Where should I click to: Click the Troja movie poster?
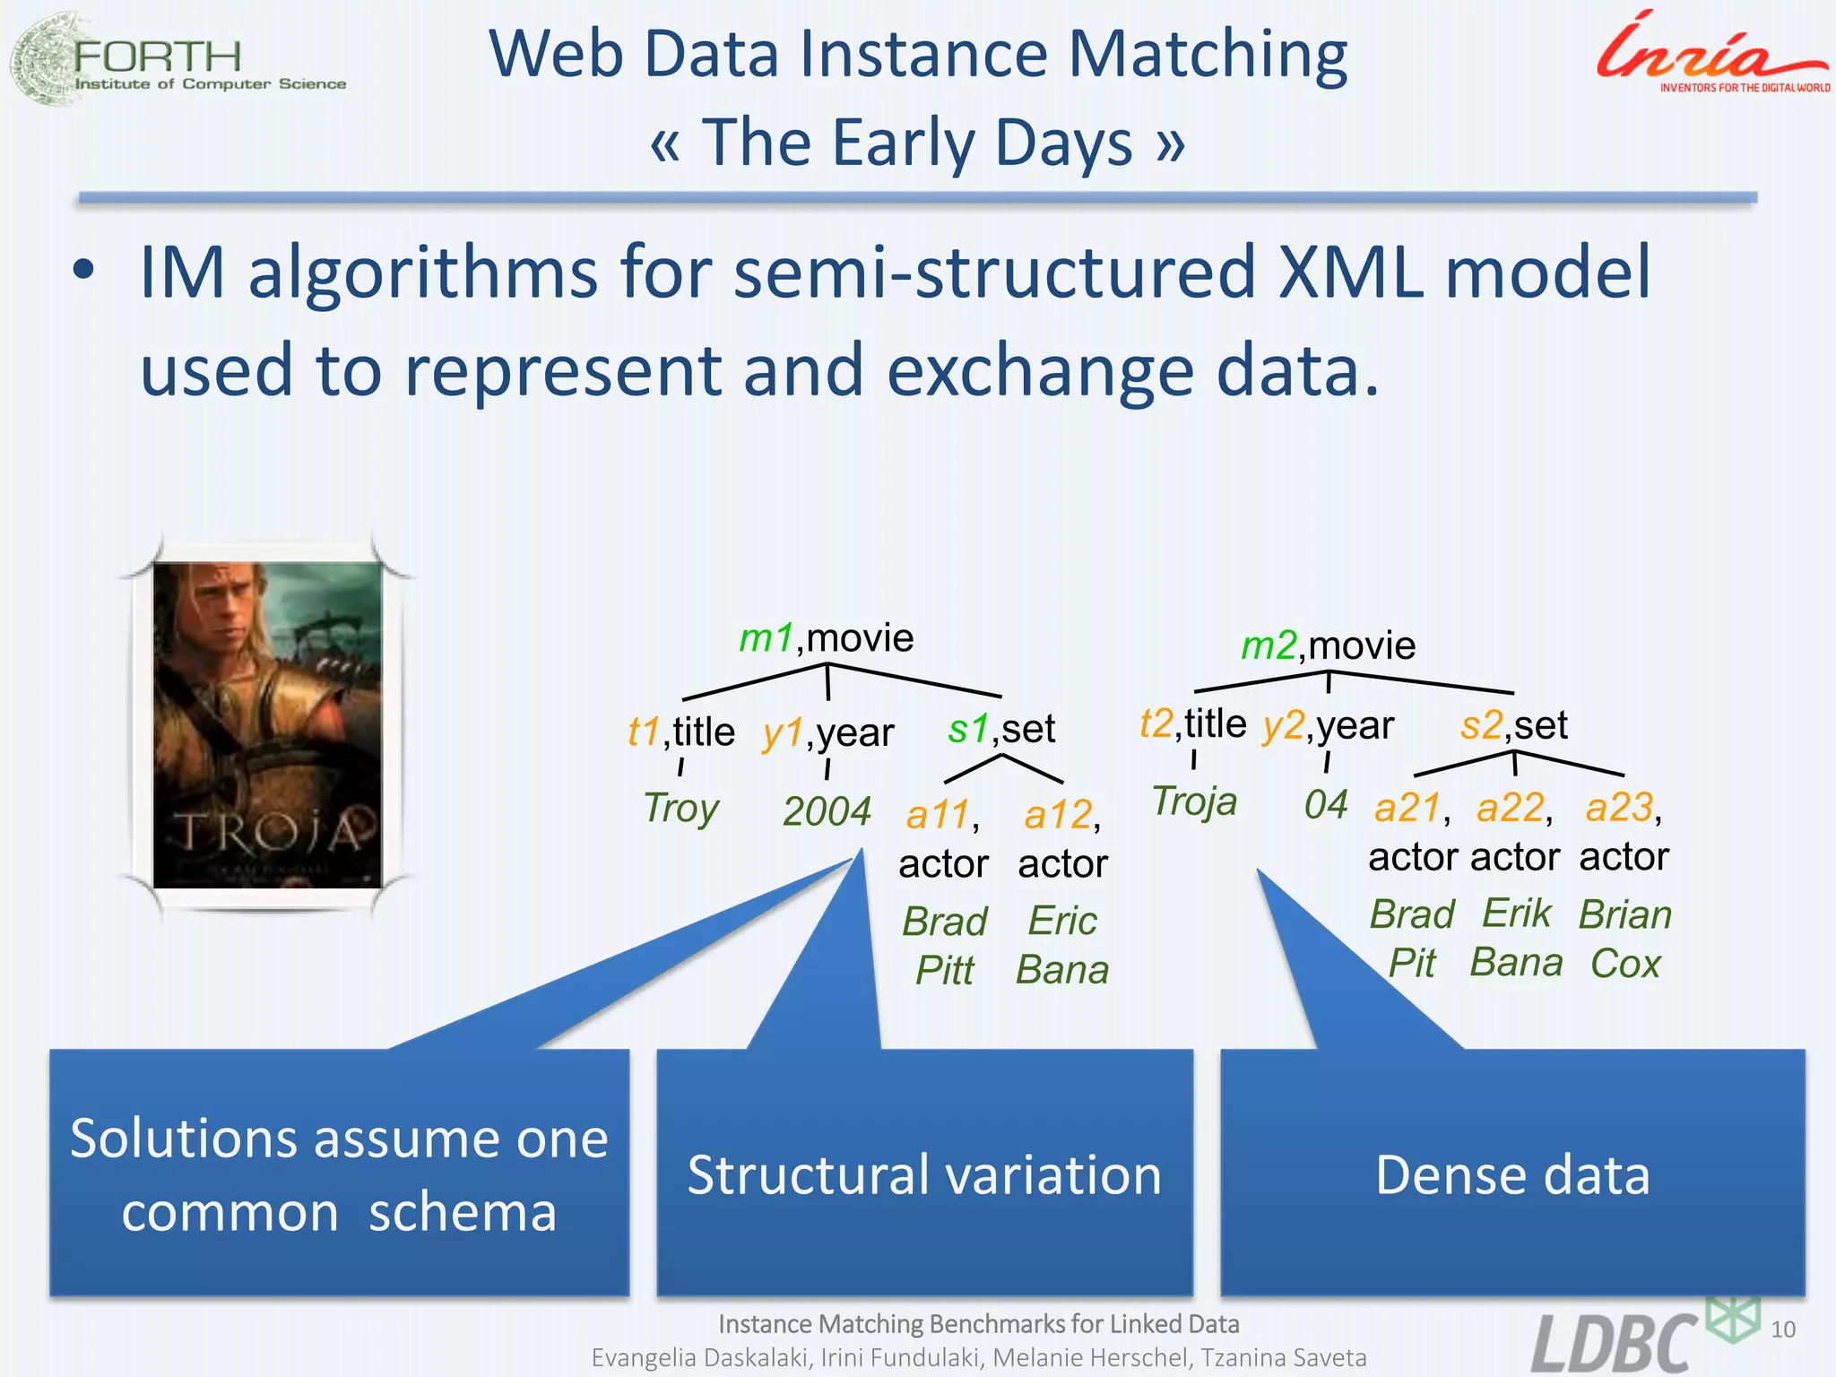tap(267, 724)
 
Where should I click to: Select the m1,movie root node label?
tap(826, 638)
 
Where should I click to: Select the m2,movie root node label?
tap(1328, 645)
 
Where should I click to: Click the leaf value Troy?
tap(681, 808)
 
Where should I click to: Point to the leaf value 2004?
tap(827, 811)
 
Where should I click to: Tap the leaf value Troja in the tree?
tap(1194, 801)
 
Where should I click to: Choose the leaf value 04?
tap(1325, 804)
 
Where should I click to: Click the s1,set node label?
tap(1001, 728)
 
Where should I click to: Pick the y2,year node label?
tap(1328, 724)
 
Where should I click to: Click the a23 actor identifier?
tap(1621, 807)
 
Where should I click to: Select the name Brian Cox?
tap(1625, 939)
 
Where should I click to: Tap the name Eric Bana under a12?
tap(1062, 945)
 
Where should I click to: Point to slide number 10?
tap(1783, 1329)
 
